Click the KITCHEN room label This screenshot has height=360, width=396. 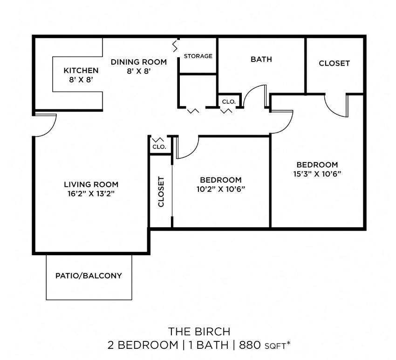[x=81, y=70]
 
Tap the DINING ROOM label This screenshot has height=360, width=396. [x=138, y=61]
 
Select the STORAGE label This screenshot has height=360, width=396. [x=198, y=56]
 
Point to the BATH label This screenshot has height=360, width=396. [x=261, y=59]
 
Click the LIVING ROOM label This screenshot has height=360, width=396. [x=91, y=184]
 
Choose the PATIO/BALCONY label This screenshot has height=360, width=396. [x=89, y=276]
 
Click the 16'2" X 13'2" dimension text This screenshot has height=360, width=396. [x=91, y=193]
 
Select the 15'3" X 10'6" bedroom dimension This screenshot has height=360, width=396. [x=317, y=174]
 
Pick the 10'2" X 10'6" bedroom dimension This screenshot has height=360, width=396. [x=220, y=189]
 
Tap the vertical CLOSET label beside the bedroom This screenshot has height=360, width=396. [x=161, y=191]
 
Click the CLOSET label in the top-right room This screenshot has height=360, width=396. [x=334, y=63]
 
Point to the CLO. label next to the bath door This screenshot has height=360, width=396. [x=228, y=101]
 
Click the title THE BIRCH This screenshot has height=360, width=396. [x=199, y=332]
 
